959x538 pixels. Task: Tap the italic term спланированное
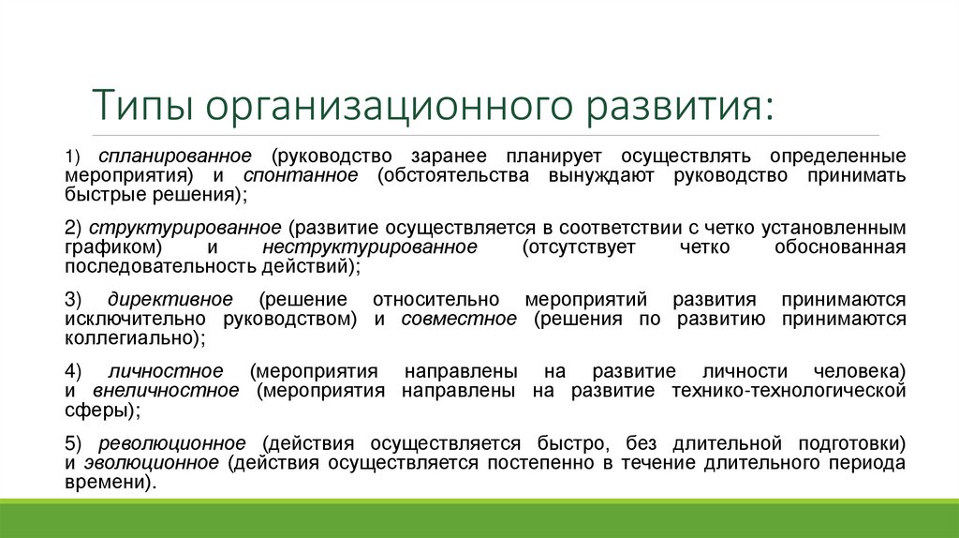pos(176,155)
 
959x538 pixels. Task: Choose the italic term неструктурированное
pos(370,247)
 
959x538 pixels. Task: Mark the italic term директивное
pos(170,300)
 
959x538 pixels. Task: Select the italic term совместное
pos(459,320)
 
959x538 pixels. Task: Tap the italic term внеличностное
pos(166,390)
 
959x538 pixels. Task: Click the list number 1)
pos(73,155)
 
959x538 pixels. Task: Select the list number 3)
pos(74,300)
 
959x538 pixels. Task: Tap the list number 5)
pos(74,442)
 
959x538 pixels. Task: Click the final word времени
pos(106,482)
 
